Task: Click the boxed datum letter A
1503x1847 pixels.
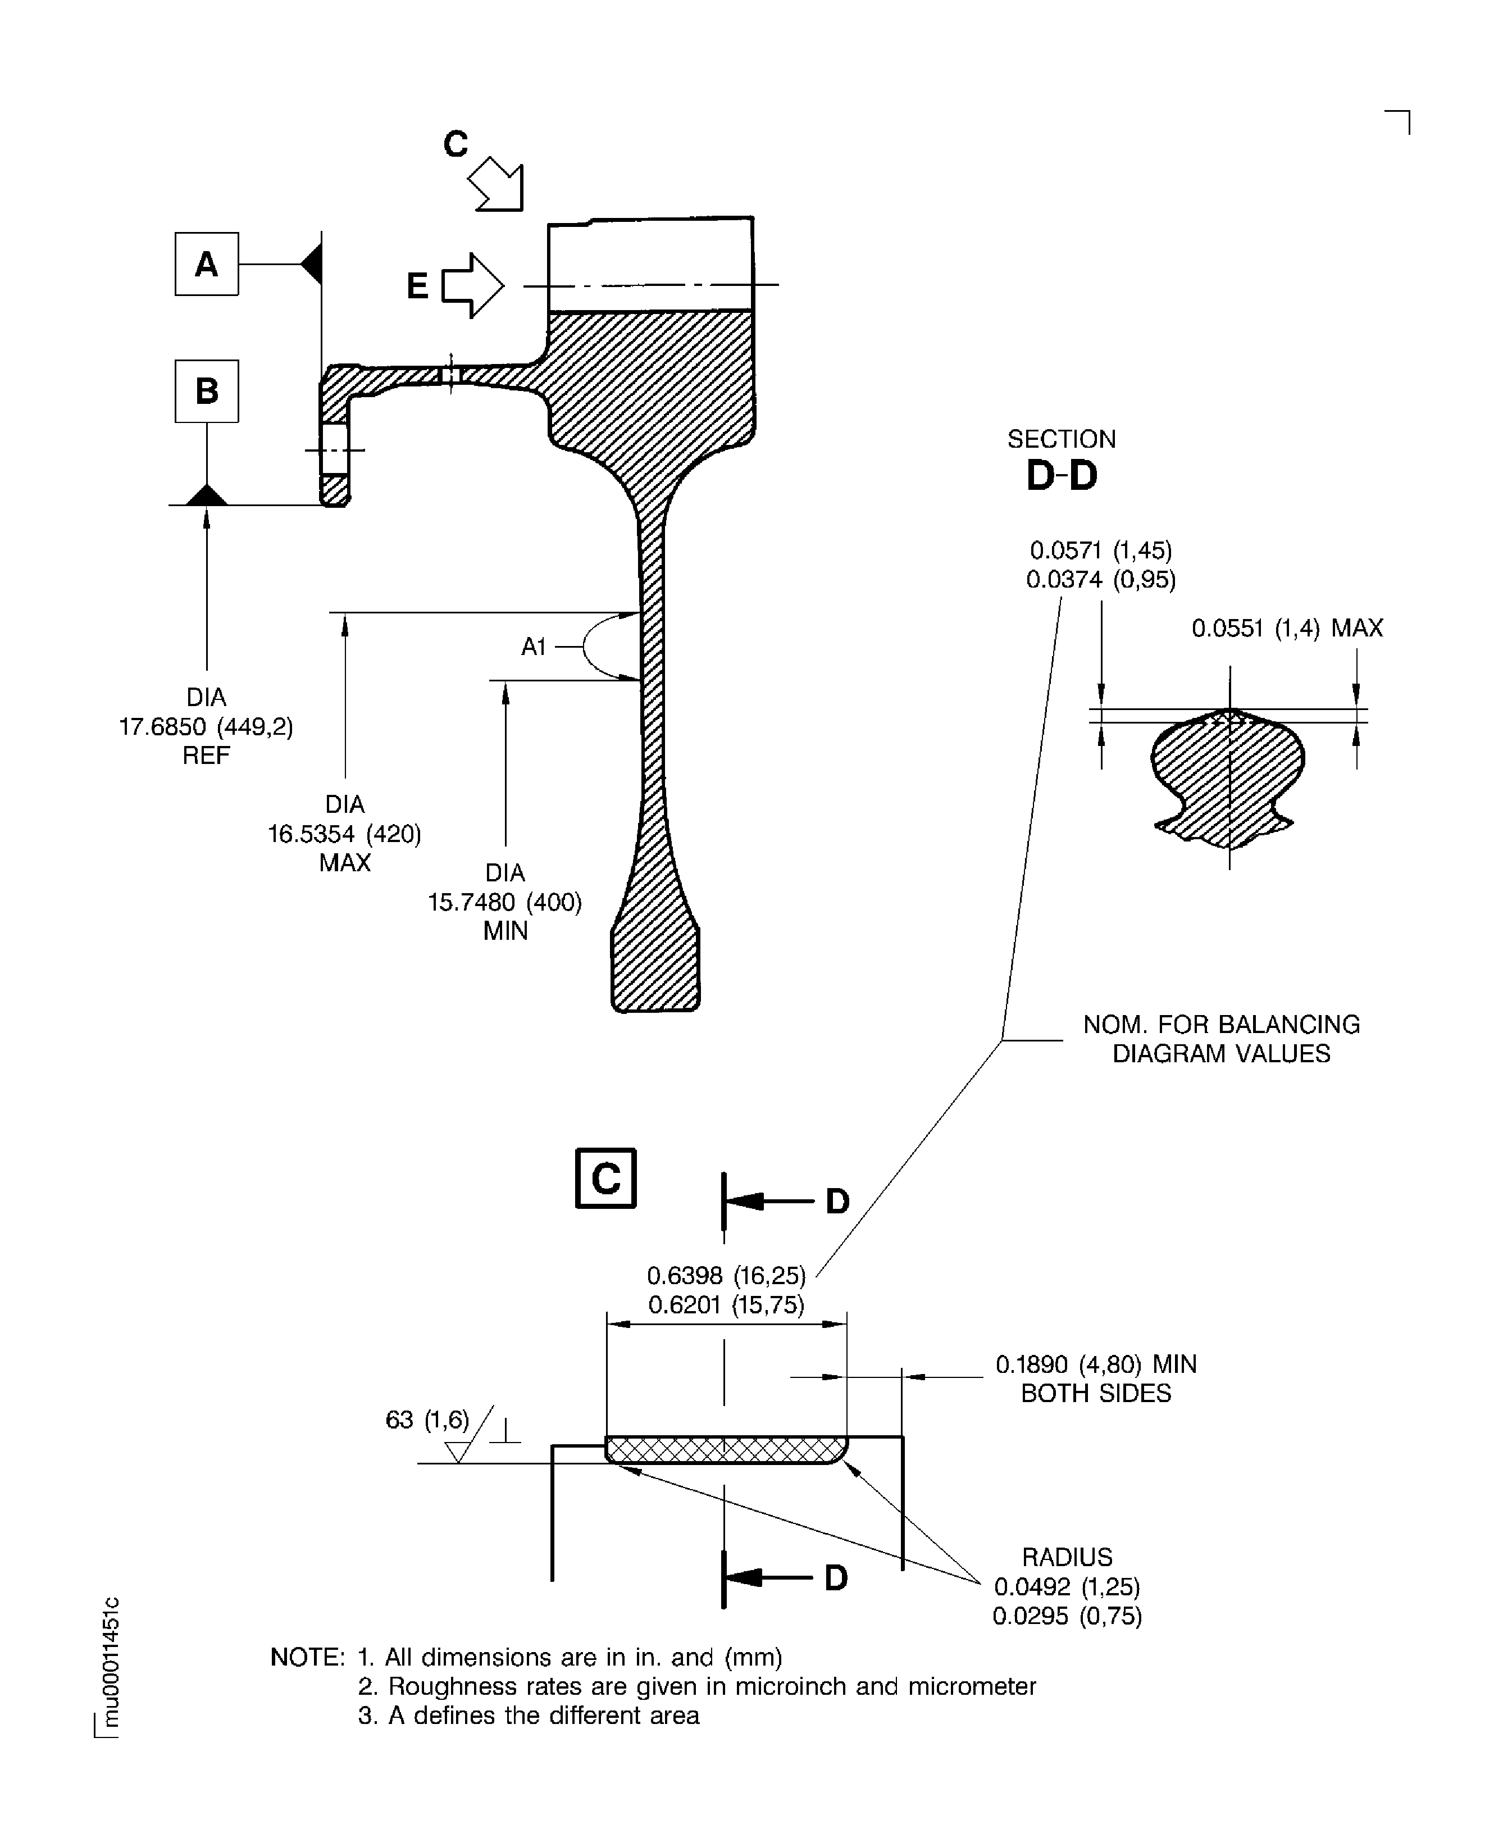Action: click(206, 264)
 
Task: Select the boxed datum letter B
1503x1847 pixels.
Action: click(206, 392)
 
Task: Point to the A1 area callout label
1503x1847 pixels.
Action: click(534, 647)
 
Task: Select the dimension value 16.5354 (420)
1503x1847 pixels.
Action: click(345, 834)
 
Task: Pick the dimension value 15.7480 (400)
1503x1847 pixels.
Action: click(505, 902)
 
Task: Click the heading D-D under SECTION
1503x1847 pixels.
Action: click(1062, 475)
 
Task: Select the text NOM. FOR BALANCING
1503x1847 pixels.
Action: click(1220, 1025)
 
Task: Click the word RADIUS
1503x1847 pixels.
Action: click(1067, 1557)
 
